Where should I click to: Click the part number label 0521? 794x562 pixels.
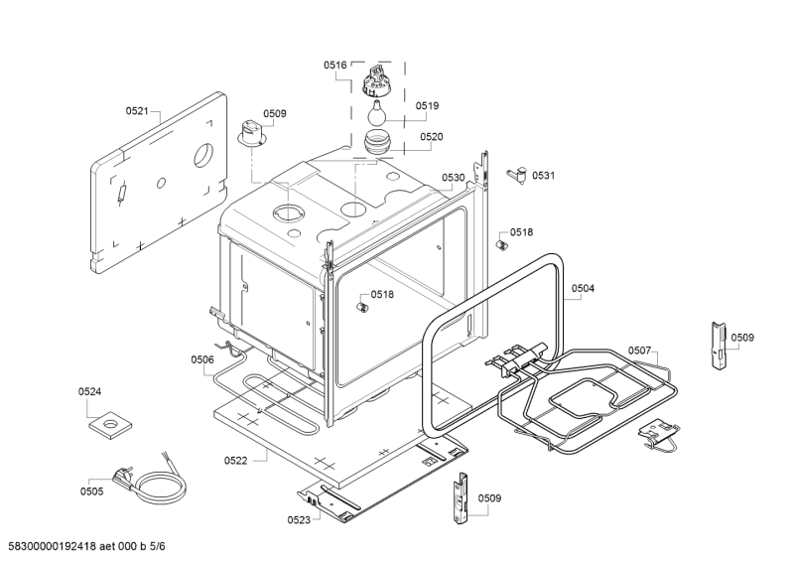(137, 111)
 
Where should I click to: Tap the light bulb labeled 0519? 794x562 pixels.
(376, 113)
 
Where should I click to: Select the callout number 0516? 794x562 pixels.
(335, 65)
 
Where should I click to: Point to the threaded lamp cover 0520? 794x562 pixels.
(377, 141)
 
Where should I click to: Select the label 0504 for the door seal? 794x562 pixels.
(583, 288)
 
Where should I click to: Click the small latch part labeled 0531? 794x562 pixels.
(517, 175)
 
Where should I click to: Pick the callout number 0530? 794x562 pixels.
(454, 178)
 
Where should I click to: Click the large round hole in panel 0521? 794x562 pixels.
(203, 155)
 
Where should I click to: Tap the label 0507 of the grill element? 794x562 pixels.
(639, 351)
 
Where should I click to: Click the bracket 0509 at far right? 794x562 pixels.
(718, 346)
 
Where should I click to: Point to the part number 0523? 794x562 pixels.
(299, 520)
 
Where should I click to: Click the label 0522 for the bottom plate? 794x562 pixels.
(236, 461)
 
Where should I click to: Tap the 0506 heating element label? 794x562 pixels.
(202, 359)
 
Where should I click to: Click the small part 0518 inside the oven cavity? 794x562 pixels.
(362, 307)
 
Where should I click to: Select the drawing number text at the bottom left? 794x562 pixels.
(87, 546)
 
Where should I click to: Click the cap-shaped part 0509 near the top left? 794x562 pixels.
(251, 134)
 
